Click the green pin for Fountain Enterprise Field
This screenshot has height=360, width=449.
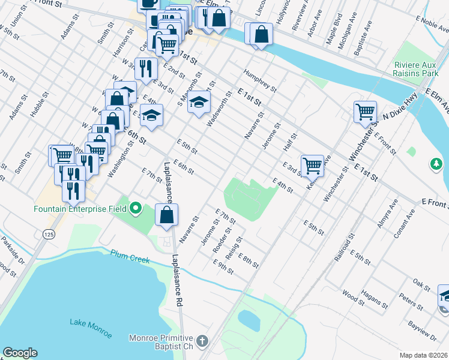136,209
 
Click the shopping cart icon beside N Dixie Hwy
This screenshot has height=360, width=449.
365,111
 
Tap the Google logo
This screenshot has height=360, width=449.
20,353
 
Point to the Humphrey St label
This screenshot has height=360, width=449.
259,80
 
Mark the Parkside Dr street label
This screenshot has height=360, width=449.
12,248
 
